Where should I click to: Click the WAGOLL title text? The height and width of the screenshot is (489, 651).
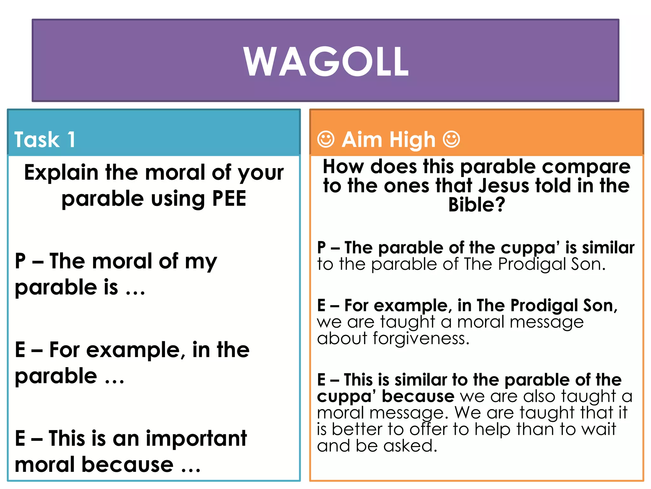(x=326, y=61)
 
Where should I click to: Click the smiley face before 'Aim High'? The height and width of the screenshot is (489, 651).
(x=326, y=139)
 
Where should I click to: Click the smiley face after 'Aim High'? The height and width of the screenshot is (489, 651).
(x=451, y=139)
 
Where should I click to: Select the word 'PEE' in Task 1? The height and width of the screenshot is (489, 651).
(x=229, y=199)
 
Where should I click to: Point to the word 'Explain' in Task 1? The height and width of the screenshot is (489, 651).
(x=61, y=173)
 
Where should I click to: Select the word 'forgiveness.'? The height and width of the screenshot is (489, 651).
(x=421, y=338)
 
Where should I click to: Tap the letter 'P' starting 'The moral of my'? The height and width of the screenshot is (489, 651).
(x=20, y=261)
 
